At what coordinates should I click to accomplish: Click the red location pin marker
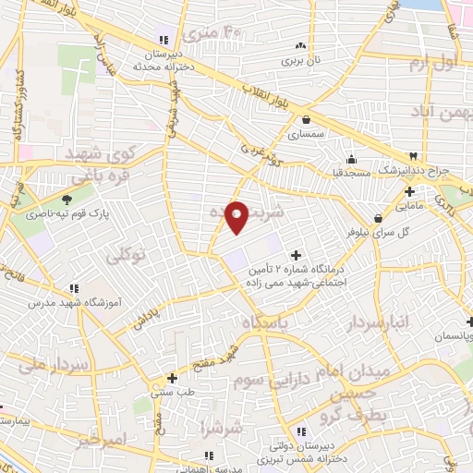(x=237, y=217)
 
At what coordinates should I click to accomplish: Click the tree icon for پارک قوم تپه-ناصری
(x=67, y=199)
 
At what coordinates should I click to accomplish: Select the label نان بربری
(x=300, y=60)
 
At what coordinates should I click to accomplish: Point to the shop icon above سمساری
(x=305, y=118)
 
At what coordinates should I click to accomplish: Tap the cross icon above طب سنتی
(x=173, y=377)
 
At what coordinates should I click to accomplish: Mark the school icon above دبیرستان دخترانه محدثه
(x=164, y=40)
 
